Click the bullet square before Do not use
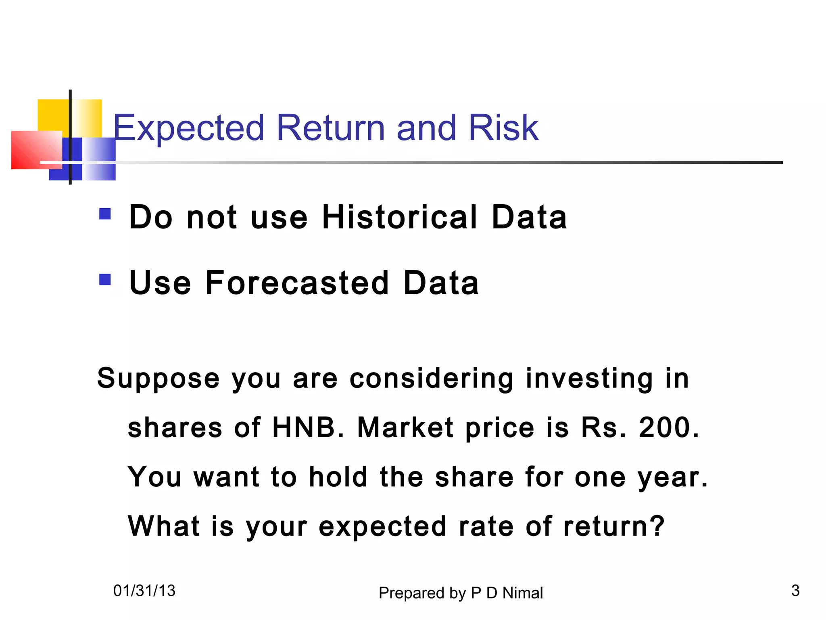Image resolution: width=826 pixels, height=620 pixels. [x=105, y=214]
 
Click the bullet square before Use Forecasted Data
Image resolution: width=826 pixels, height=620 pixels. [x=105, y=279]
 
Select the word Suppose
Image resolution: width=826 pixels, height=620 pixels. [x=158, y=379]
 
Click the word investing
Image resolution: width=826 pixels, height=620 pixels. [x=589, y=379]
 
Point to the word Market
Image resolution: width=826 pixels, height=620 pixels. [x=405, y=427]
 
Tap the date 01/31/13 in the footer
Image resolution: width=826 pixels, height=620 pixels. [x=144, y=591]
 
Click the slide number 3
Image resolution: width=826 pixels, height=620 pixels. [x=795, y=591]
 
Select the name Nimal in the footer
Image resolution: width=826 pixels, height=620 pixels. [x=523, y=593]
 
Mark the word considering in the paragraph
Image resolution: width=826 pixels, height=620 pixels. [x=431, y=379]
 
